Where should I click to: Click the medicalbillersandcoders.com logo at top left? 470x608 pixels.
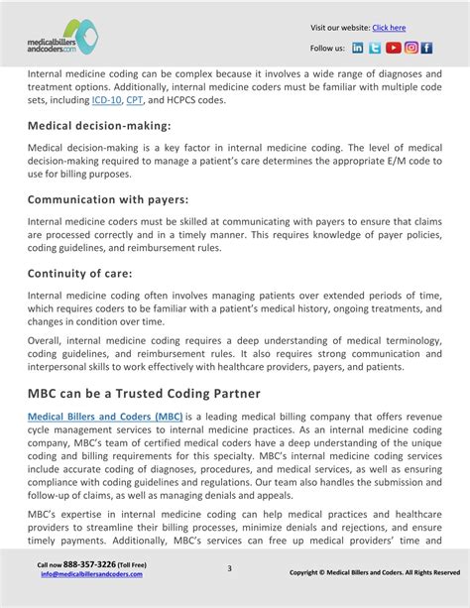coord(63,37)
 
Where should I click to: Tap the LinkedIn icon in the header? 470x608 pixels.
coord(358,48)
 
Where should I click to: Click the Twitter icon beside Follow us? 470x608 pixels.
coord(375,48)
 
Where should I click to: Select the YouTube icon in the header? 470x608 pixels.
coord(393,48)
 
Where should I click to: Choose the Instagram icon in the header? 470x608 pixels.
coord(411,48)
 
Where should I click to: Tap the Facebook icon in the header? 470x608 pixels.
coord(427,48)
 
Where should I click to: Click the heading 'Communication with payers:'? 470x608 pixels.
coord(108,199)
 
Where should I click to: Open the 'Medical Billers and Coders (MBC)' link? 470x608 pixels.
coord(104,417)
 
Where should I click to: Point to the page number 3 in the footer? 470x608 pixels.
coord(229,568)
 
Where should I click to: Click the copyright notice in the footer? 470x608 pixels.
coord(374,572)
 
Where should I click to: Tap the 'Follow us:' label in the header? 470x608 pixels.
coord(327,48)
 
